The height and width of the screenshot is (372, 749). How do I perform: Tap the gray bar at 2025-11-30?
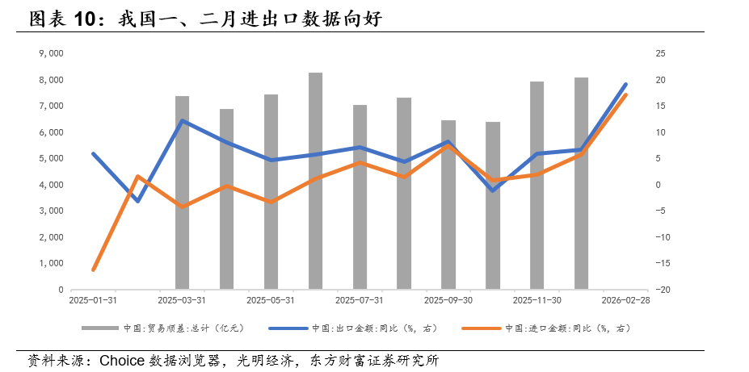coord(537,185)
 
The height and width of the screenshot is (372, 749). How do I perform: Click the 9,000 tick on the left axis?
coord(51,53)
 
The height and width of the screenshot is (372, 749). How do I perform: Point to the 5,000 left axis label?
coord(51,158)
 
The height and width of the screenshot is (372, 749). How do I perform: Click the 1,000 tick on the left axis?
coord(51,263)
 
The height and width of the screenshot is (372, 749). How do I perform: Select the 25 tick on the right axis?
coord(637,53)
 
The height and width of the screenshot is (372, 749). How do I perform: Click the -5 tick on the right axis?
coord(638,211)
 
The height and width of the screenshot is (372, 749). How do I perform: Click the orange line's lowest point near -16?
coord(94,270)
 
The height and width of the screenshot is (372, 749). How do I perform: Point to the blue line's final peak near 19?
coord(625,84)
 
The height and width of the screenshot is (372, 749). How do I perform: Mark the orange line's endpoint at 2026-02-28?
coord(625,95)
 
